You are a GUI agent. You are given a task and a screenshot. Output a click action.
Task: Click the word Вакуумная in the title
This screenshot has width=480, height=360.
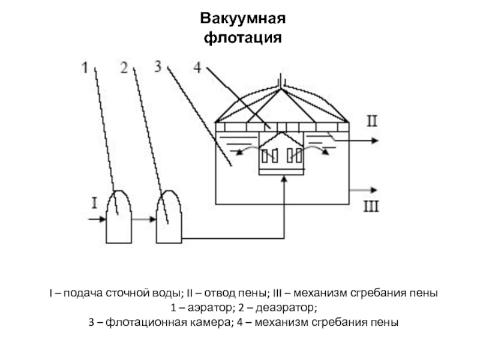(x=243, y=17)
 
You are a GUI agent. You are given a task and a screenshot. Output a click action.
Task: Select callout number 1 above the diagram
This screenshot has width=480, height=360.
(x=85, y=68)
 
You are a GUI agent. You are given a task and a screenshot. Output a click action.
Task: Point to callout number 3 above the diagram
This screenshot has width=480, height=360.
(x=158, y=67)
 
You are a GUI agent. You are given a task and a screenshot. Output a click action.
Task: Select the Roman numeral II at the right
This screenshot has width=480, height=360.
(x=372, y=122)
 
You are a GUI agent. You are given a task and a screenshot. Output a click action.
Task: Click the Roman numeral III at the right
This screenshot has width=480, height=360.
(x=372, y=208)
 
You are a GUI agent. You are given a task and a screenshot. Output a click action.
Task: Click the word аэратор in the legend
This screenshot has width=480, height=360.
(x=203, y=308)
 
